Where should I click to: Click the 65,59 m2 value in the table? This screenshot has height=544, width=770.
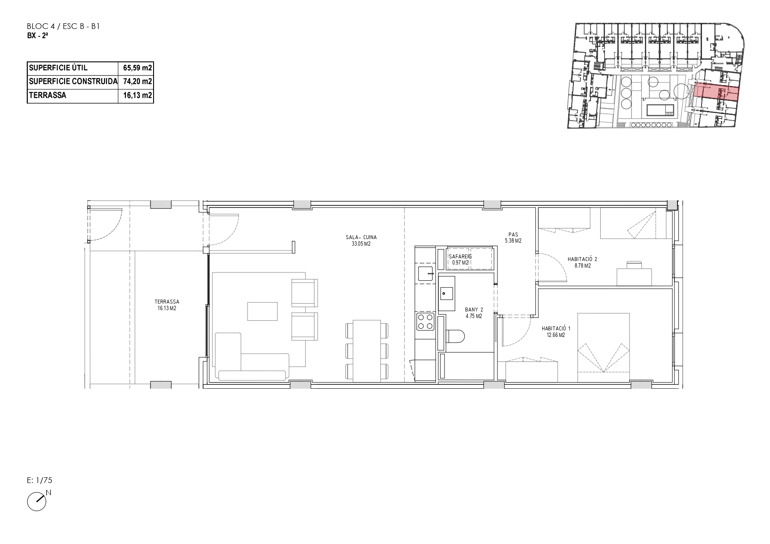138,68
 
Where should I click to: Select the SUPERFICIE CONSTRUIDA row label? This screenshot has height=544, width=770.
73,82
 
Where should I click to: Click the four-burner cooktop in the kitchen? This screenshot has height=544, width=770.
425,321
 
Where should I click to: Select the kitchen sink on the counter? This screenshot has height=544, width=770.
425,273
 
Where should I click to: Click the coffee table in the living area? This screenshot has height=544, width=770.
262,311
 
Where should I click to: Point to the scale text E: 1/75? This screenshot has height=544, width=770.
39,480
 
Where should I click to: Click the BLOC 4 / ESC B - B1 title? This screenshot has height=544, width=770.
64,27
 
